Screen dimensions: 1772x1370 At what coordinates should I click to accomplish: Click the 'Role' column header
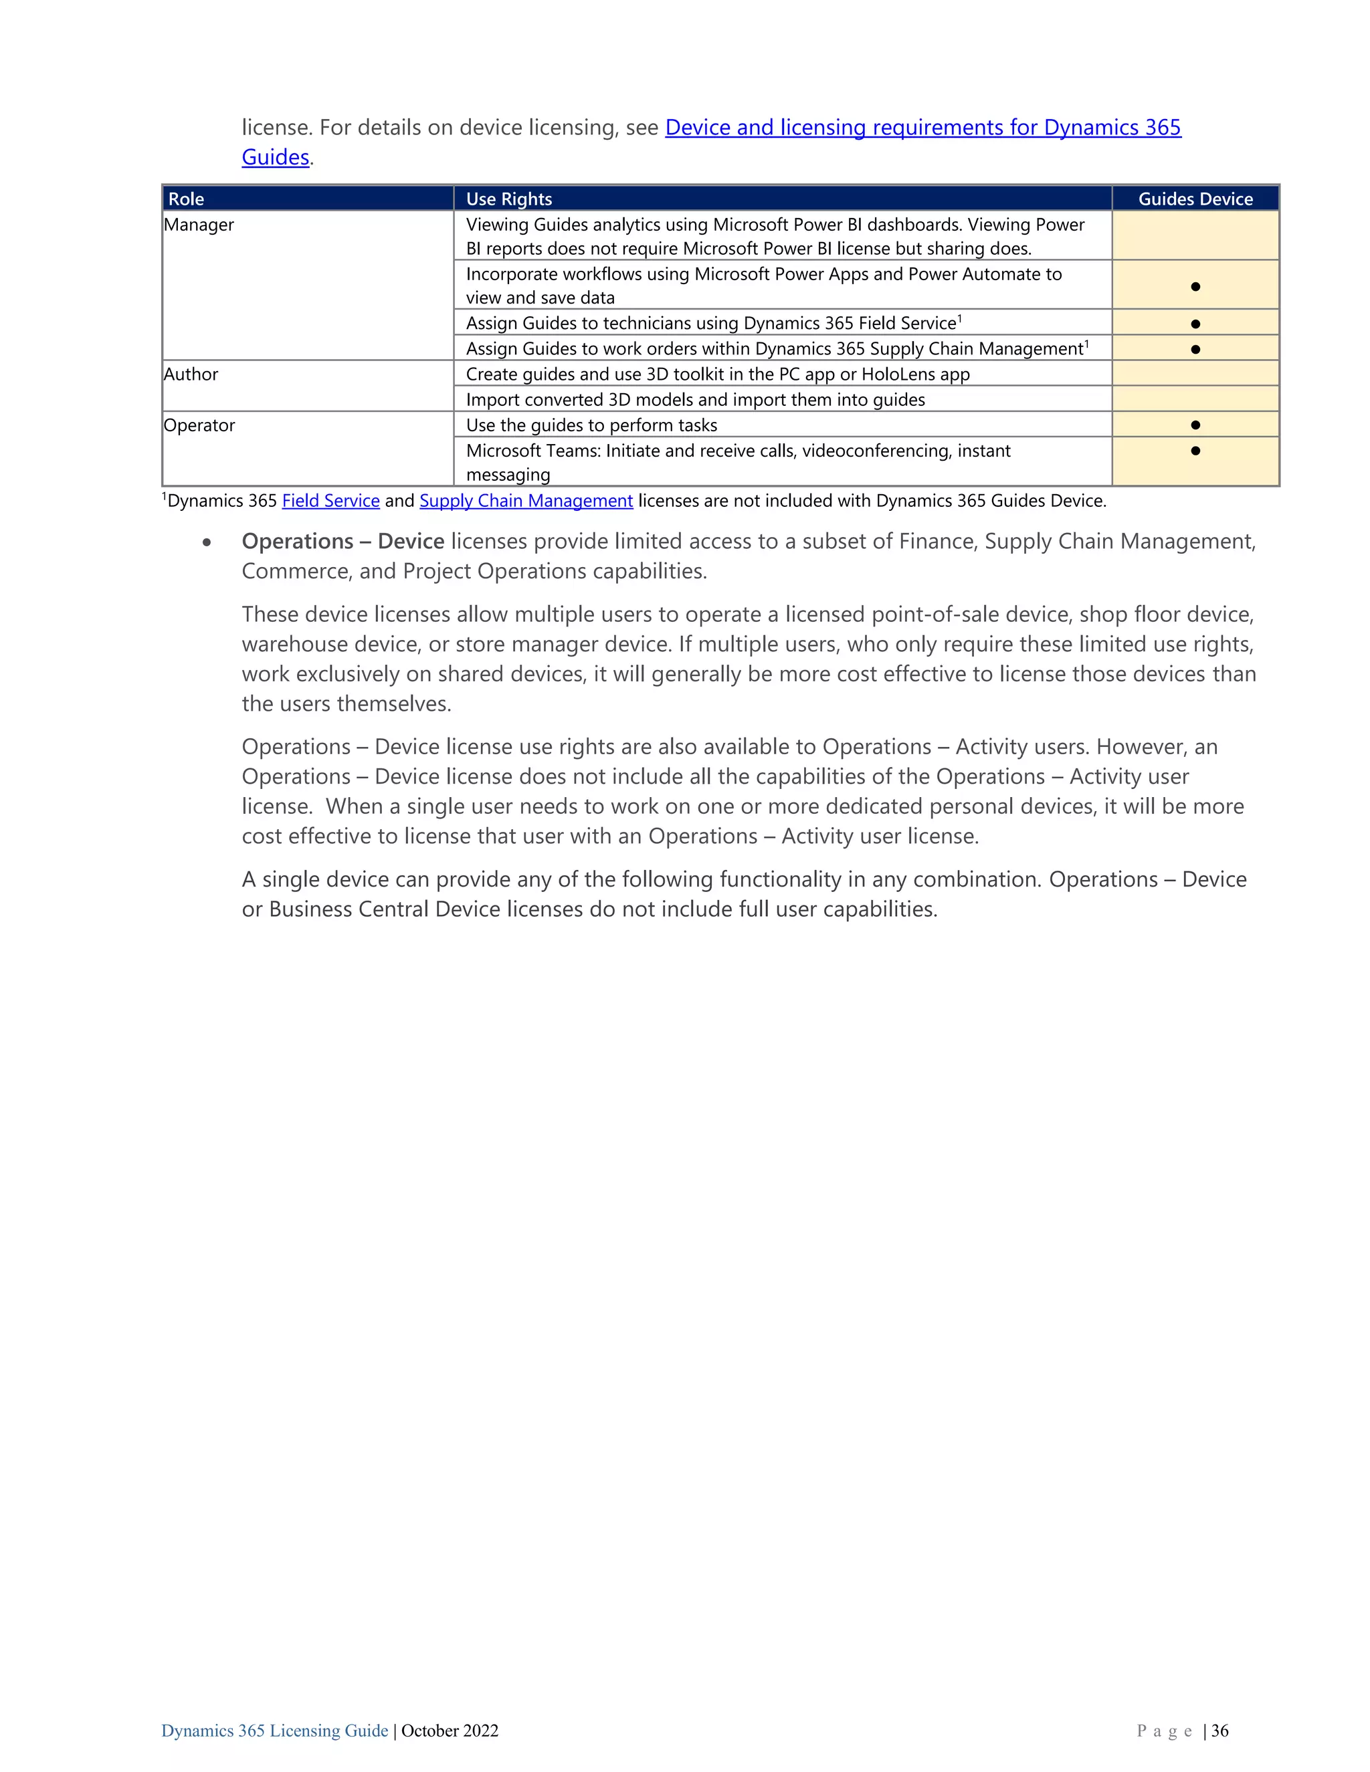tap(186, 199)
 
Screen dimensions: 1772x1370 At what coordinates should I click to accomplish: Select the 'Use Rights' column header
tap(509, 199)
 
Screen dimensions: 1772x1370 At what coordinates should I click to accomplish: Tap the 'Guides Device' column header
tap(1195, 199)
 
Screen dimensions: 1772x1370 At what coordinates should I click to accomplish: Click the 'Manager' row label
tap(199, 225)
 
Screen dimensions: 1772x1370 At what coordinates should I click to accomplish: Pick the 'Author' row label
tap(191, 374)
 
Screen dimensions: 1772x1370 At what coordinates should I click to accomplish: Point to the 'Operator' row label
tap(199, 425)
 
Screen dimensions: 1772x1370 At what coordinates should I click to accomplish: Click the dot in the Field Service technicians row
tap(1195, 324)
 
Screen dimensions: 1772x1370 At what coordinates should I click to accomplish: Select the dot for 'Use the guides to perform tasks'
tap(1195, 425)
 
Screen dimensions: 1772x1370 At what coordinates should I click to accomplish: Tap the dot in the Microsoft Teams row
tap(1195, 450)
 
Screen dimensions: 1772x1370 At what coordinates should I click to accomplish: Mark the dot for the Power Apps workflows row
tap(1195, 286)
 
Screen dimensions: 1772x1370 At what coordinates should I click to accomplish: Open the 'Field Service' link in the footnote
tap(330, 501)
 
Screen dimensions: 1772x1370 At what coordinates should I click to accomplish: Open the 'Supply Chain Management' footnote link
tap(526, 501)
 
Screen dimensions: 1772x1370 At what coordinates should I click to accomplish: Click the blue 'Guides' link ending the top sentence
tap(275, 157)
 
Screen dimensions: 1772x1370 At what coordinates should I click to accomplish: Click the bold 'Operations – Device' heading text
tap(342, 541)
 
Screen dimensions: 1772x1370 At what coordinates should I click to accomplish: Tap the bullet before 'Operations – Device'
tap(208, 542)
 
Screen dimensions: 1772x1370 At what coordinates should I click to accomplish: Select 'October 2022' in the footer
tap(450, 1731)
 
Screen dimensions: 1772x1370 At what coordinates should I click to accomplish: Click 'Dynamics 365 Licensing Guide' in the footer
tap(274, 1731)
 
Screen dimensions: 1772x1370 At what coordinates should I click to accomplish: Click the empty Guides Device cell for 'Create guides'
tap(1195, 374)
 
